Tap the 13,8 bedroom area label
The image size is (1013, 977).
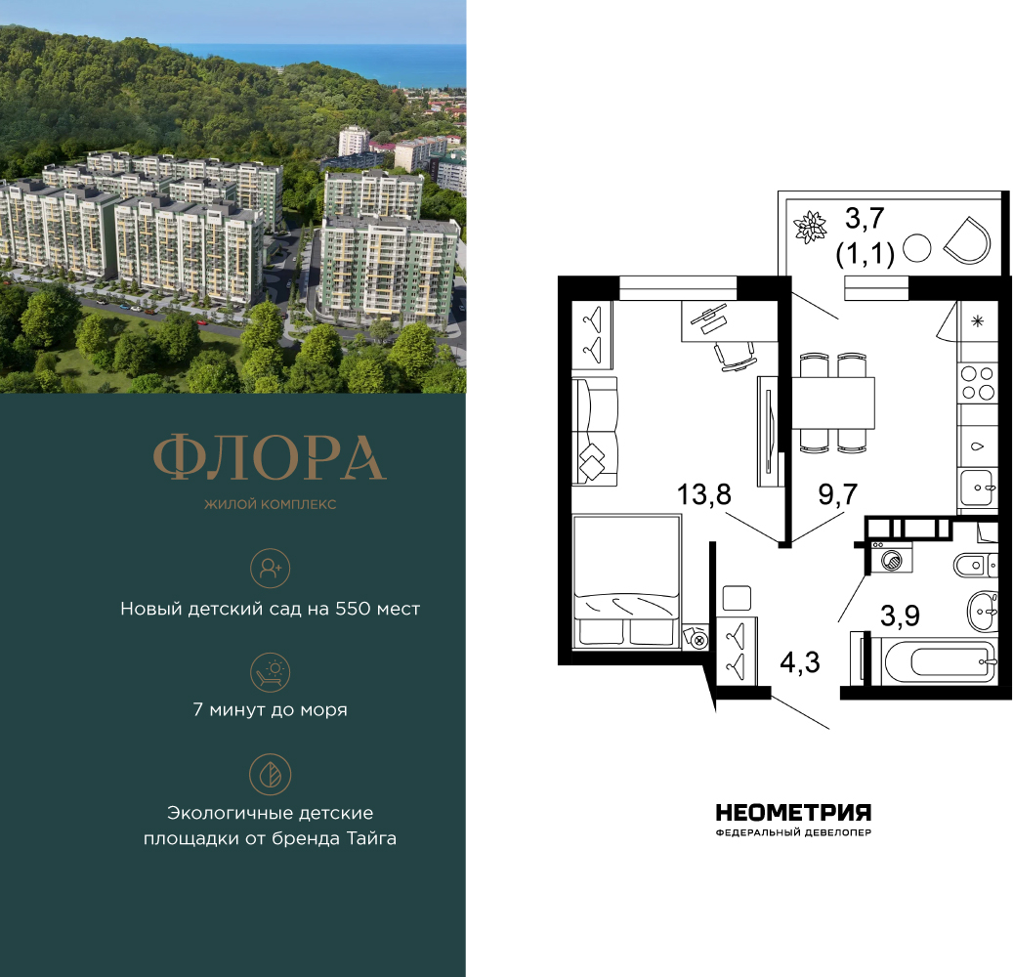703,495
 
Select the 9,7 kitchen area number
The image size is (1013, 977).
838,494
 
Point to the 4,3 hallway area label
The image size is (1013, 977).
800,662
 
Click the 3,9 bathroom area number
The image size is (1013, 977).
900,616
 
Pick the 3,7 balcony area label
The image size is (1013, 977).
865,219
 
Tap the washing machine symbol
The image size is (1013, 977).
892,559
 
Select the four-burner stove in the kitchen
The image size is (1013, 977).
978,383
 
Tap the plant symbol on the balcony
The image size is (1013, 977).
810,228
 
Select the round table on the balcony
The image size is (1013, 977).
916,248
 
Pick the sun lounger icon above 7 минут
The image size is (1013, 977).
270,672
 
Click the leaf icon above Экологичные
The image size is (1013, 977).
270,774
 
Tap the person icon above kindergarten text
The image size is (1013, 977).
270,568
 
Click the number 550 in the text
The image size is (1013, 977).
352,609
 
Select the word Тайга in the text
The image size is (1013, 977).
371,838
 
